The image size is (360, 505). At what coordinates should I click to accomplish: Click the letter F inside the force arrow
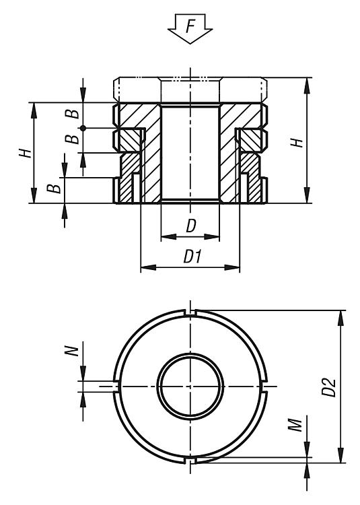[x=190, y=26]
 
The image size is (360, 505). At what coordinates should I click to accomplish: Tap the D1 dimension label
[x=192, y=257]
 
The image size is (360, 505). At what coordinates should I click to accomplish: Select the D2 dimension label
[x=329, y=386]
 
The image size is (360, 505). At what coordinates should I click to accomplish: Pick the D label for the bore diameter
[x=191, y=226]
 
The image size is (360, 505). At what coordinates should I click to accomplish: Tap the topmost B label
[x=73, y=113]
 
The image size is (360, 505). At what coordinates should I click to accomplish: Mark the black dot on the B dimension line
[x=83, y=128]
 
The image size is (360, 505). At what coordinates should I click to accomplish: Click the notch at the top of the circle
[x=191, y=312]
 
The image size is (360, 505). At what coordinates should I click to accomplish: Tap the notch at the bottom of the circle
[x=191, y=461]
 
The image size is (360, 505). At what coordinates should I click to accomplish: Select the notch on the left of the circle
[x=116, y=386]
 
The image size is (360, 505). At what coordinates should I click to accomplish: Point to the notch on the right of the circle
[x=264, y=386]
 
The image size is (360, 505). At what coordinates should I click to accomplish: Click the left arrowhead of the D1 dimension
[x=148, y=267]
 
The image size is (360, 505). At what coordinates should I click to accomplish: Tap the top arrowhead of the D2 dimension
[x=340, y=318]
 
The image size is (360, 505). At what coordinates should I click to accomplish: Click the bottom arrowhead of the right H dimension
[x=307, y=195]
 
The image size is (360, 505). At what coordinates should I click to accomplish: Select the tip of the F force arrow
[x=190, y=44]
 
